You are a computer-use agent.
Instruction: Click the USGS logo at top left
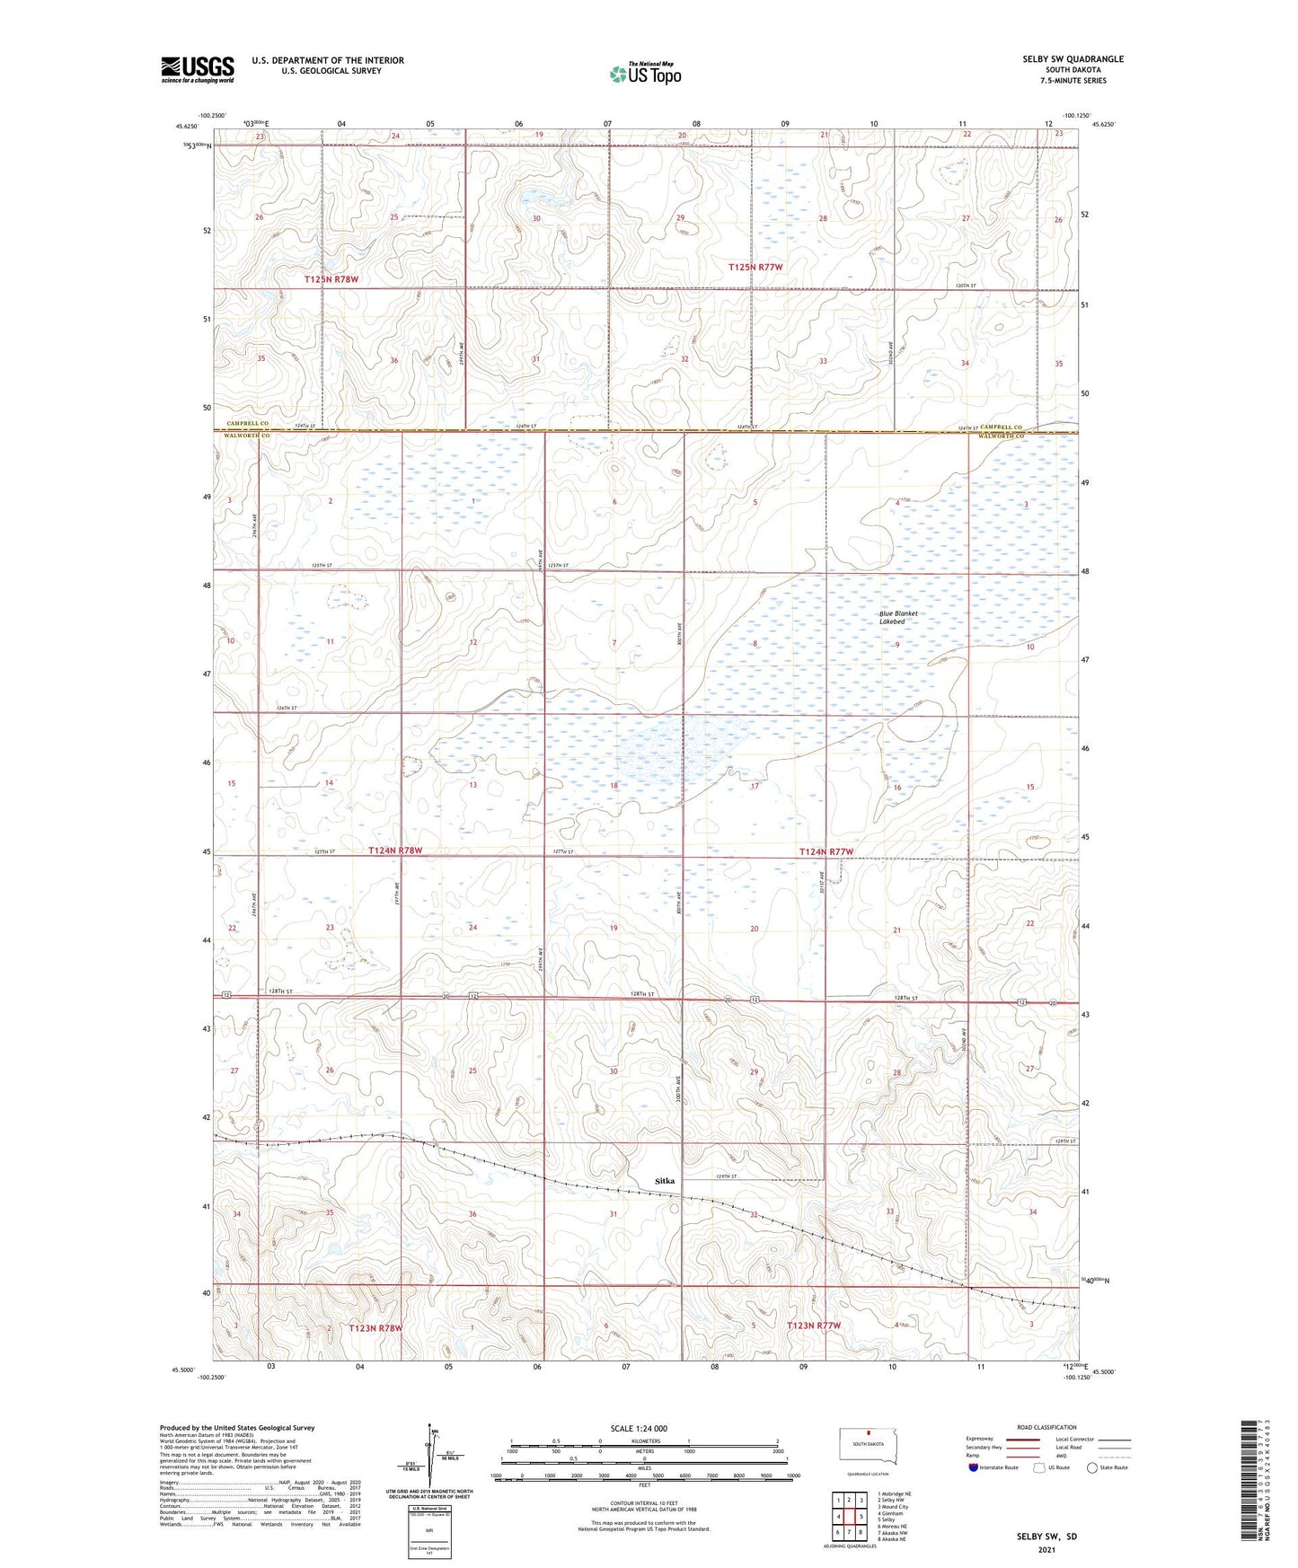click(198, 69)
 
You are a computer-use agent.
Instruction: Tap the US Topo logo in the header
click(645, 74)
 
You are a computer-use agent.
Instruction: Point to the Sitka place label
click(664, 1180)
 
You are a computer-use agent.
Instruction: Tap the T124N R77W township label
click(826, 850)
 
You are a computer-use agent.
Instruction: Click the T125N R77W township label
click(755, 268)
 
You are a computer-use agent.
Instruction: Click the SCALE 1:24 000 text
click(639, 1428)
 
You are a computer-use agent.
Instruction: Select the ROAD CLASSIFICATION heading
click(1046, 1427)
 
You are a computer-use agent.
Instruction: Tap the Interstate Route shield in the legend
click(973, 1467)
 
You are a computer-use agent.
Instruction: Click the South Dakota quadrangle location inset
click(867, 1447)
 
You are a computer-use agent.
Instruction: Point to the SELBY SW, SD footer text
click(1046, 1537)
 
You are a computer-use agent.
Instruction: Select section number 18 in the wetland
click(614, 786)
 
